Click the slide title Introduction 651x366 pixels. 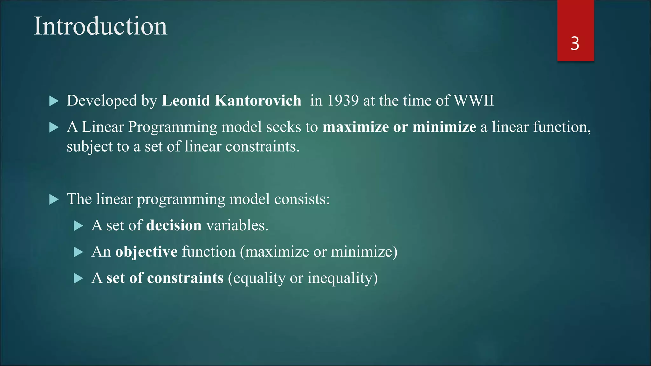100,26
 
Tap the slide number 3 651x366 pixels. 575,44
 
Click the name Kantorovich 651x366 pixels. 258,101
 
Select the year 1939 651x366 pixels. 343,101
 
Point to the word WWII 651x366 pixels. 474,101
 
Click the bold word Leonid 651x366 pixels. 186,101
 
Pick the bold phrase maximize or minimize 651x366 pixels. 399,127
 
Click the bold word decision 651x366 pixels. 174,226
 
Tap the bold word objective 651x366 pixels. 146,252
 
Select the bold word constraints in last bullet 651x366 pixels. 185,278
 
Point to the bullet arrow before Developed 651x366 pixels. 54,101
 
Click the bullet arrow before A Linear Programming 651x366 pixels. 54,128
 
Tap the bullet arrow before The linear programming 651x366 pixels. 54,200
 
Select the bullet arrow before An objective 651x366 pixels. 78,253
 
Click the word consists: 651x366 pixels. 302,199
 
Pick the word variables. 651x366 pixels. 237,226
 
